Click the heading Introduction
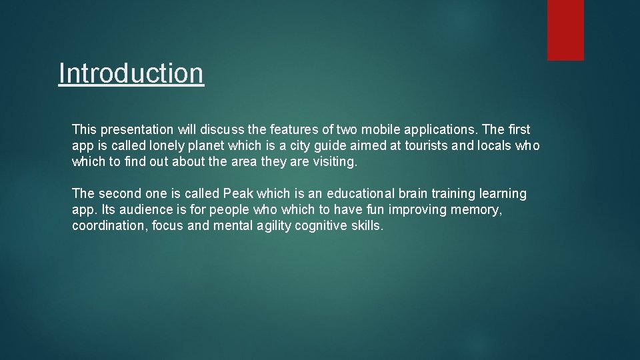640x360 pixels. pyautogui.click(x=131, y=73)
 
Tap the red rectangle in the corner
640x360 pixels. pyautogui.click(x=565, y=30)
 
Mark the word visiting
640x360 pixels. pyautogui.click(x=335, y=162)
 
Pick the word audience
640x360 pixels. pyautogui.click(x=140, y=210)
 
